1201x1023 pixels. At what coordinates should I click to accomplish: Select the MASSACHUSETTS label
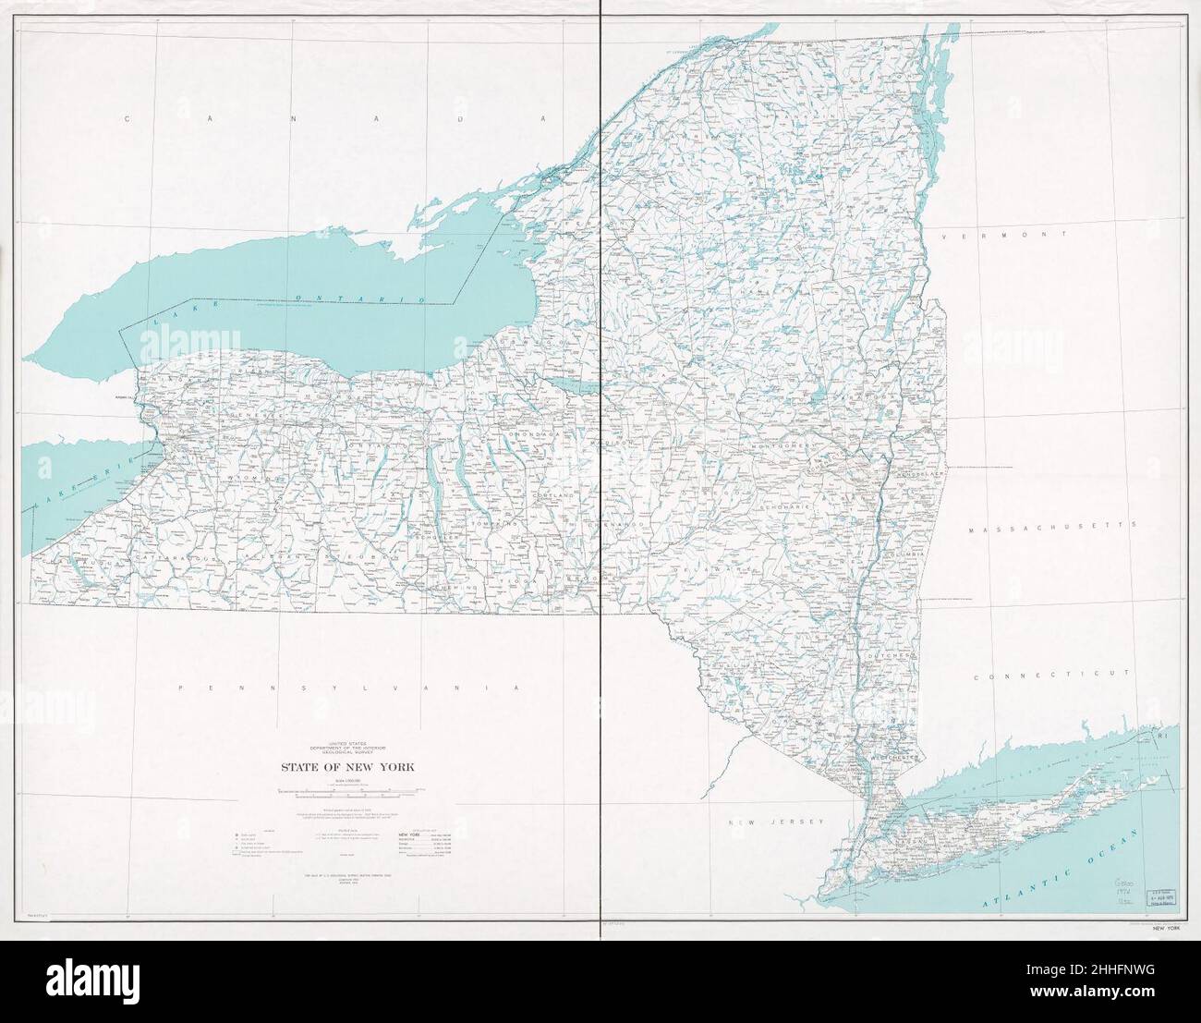(1051, 523)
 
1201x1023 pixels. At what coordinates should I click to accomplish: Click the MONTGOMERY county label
(782, 446)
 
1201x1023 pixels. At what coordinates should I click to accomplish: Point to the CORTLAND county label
(552, 496)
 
